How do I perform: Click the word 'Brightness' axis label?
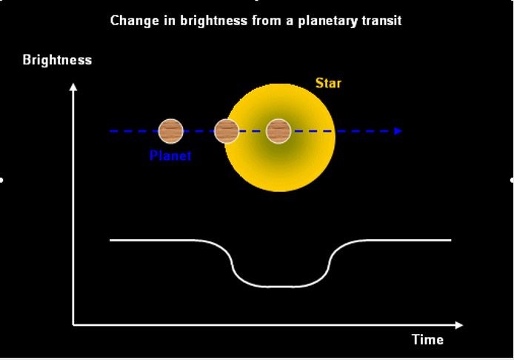pyautogui.click(x=57, y=60)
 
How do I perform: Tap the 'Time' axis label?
pyautogui.click(x=428, y=339)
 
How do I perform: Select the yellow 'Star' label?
pyautogui.click(x=328, y=83)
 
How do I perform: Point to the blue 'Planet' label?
pyautogui.click(x=170, y=155)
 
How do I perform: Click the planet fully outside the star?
pyautogui.click(x=171, y=131)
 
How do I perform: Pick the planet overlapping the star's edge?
pyautogui.click(x=226, y=131)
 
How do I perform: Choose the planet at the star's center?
pyautogui.click(x=278, y=131)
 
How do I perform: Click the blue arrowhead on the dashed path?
pyautogui.click(x=398, y=131)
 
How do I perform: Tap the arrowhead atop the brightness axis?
pyautogui.click(x=73, y=87)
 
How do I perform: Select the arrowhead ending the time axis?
pyautogui.click(x=459, y=325)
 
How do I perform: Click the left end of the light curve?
pyautogui.click(x=110, y=240)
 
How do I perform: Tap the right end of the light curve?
pyautogui.click(x=451, y=240)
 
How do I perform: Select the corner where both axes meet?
pyautogui.click(x=73, y=325)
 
